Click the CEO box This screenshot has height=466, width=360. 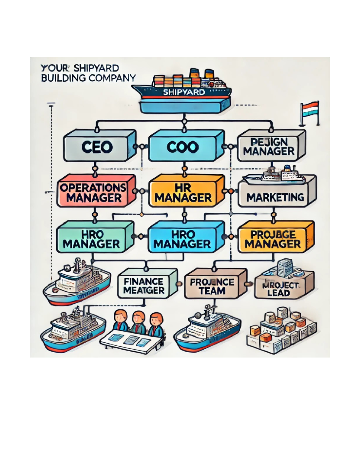click(x=97, y=147)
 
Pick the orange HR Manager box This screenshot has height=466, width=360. click(x=183, y=193)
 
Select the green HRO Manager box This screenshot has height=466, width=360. click(x=91, y=239)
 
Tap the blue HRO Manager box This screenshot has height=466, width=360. click(x=182, y=239)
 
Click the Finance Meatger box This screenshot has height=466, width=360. click(x=144, y=285)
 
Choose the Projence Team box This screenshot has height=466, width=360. click(x=212, y=286)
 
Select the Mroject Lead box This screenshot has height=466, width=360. click(x=278, y=288)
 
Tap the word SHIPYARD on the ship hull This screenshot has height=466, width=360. click(x=184, y=92)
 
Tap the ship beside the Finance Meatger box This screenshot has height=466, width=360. click(x=76, y=284)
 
